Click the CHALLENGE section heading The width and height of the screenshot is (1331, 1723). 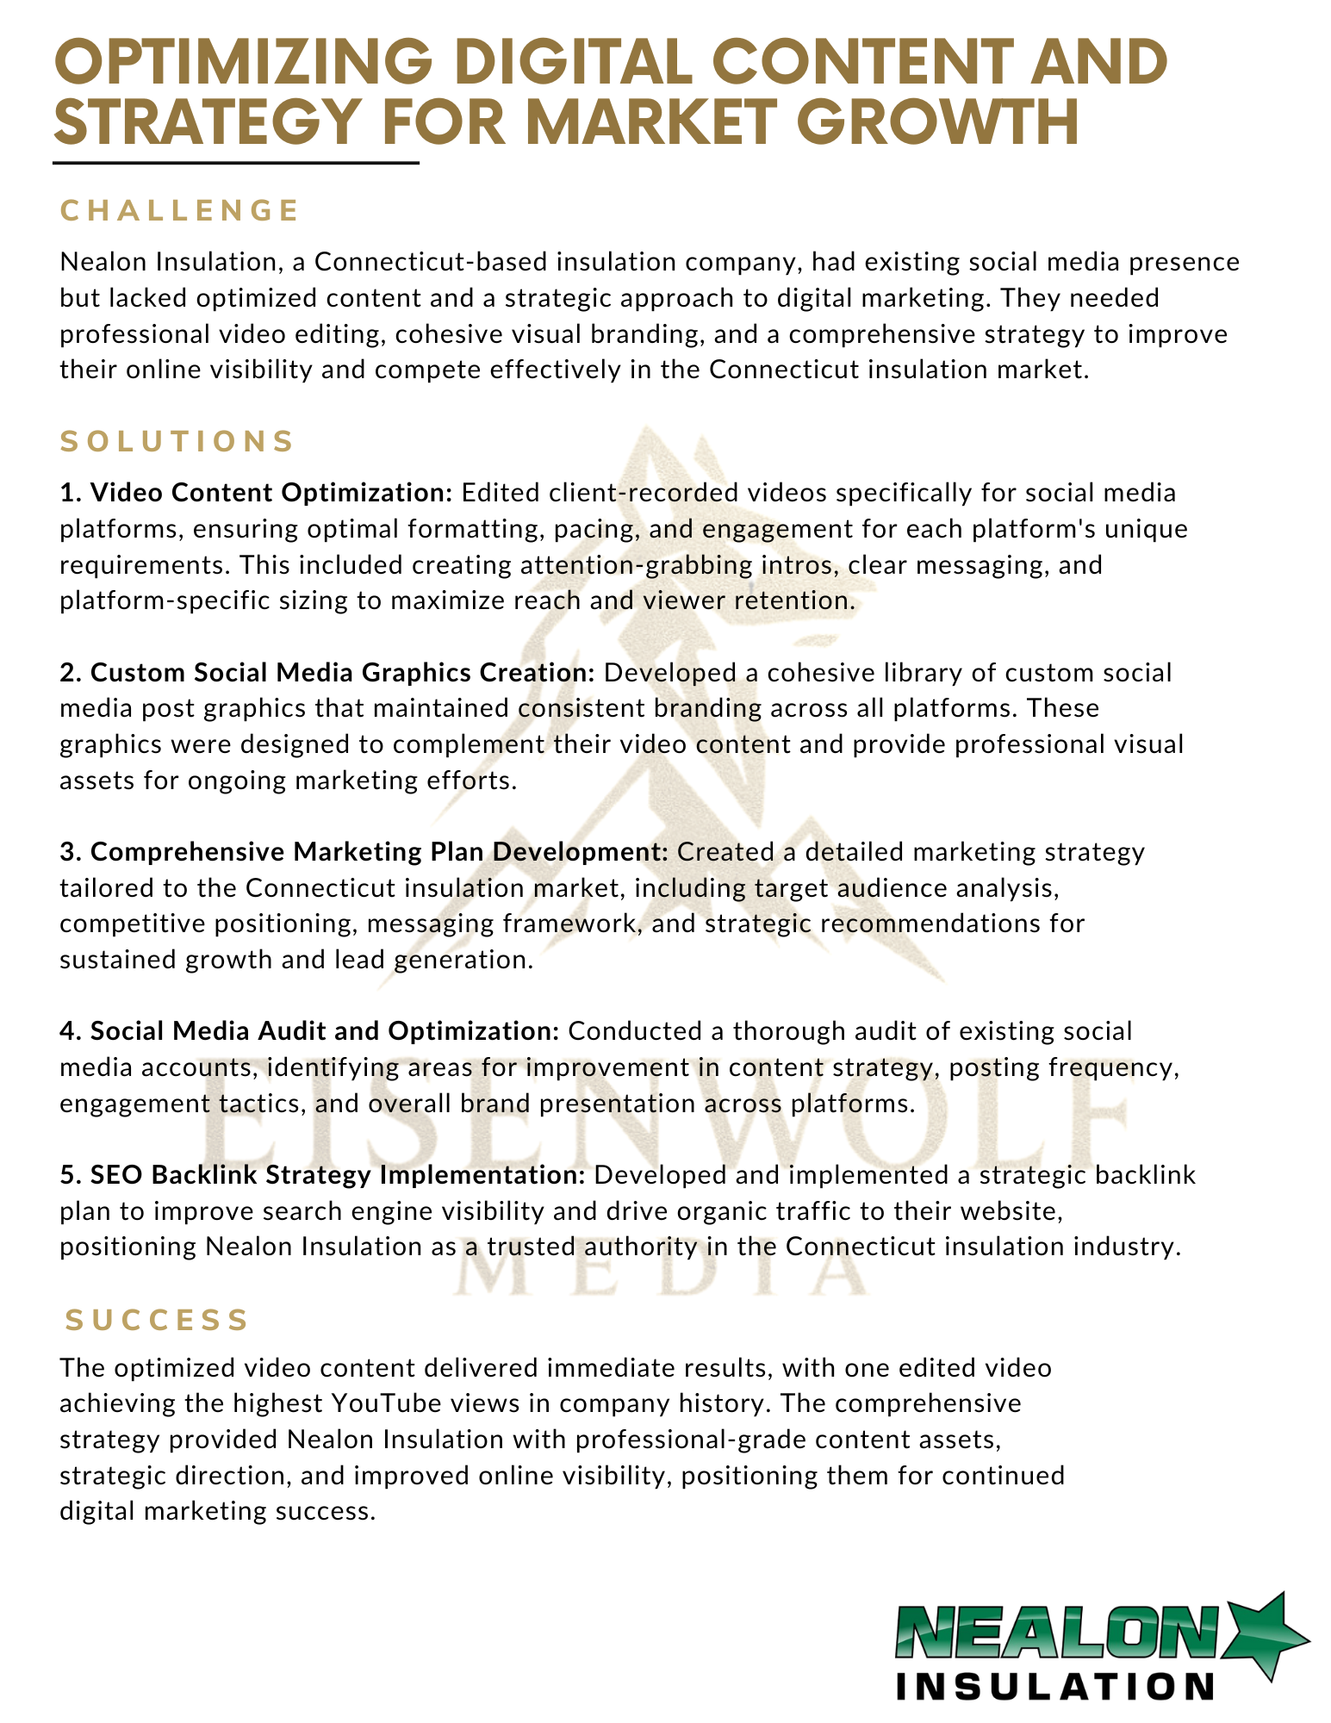(179, 210)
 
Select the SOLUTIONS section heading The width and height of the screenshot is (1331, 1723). (177, 441)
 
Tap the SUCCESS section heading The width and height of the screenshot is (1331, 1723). (158, 1320)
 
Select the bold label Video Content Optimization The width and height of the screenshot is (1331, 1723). (271, 493)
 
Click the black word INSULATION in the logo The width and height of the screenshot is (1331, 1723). (1055, 1687)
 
